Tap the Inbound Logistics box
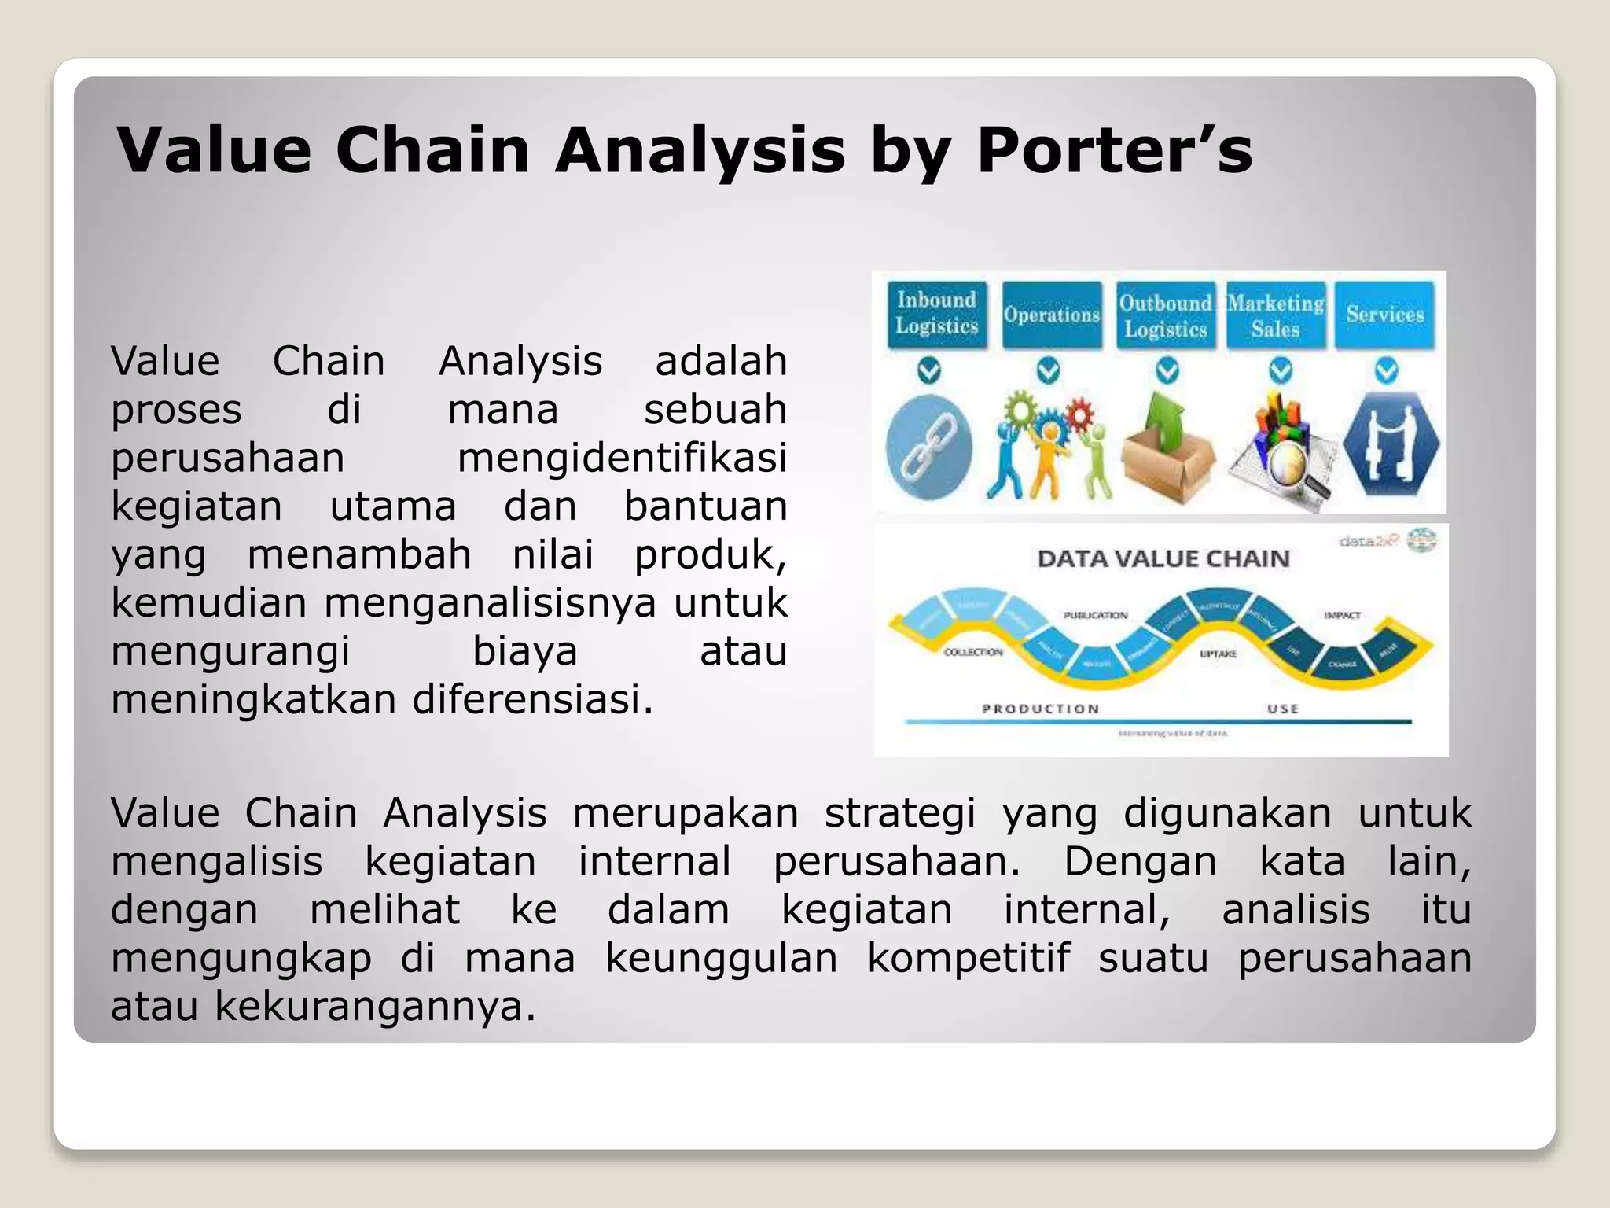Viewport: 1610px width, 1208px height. (x=936, y=313)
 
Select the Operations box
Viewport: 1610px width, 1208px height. (x=1051, y=315)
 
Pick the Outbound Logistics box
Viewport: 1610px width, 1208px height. (x=1165, y=315)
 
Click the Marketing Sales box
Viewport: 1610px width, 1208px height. (x=1276, y=315)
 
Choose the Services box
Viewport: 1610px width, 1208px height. (x=1385, y=314)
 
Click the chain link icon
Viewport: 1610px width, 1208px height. (x=928, y=447)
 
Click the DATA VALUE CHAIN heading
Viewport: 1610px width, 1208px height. (x=1163, y=558)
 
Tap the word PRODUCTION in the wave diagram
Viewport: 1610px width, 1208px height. (x=1040, y=709)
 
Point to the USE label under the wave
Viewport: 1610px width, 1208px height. (x=1283, y=709)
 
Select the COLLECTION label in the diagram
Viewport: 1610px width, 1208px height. (x=973, y=652)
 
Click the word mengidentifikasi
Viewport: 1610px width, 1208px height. (x=622, y=458)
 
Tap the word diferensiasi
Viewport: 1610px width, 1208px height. (x=532, y=699)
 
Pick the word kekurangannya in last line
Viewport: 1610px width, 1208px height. (x=375, y=1006)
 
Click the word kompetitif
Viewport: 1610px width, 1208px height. (x=969, y=957)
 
